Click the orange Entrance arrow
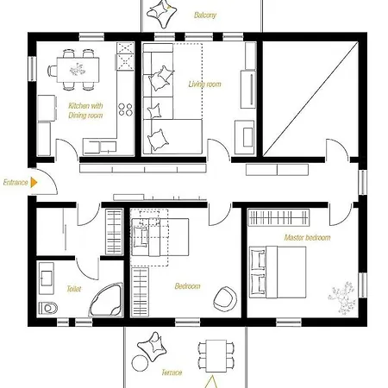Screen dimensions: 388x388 coord(34,183)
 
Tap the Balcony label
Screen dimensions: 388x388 coord(205,15)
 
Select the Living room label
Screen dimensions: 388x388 coord(204,84)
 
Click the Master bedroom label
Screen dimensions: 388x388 coord(307,238)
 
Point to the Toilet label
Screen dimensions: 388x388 coord(74,289)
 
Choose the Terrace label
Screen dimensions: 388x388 coord(172,372)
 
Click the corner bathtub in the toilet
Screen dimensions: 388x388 coord(106,300)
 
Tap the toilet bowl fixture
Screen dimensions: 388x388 coord(48,309)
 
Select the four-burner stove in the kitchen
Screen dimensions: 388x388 coord(126,110)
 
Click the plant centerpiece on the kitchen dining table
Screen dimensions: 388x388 coord(78,70)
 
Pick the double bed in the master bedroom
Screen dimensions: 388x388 coord(278,272)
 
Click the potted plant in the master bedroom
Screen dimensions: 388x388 coord(341,297)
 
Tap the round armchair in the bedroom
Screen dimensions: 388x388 coord(225,299)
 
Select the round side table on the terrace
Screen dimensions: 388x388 coord(140,363)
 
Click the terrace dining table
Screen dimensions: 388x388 coord(216,356)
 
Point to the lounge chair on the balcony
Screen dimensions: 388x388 coord(161,15)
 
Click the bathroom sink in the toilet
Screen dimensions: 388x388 coord(47,278)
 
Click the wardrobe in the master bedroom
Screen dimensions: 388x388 coord(278,217)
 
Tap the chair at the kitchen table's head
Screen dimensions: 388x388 coord(52,71)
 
